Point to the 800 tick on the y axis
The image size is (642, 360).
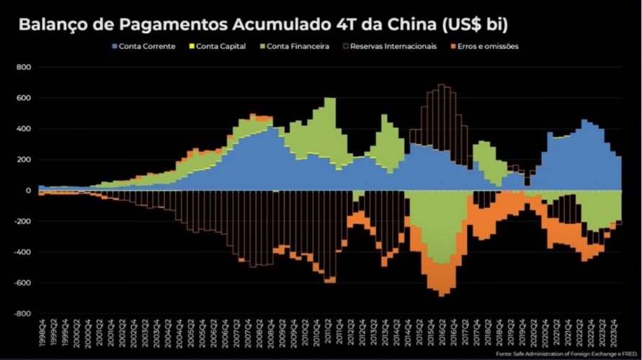click(x=24, y=67)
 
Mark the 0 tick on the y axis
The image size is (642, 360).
click(x=29, y=191)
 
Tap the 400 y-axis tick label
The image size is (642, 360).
click(x=24, y=129)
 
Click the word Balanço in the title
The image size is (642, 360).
click(x=53, y=24)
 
